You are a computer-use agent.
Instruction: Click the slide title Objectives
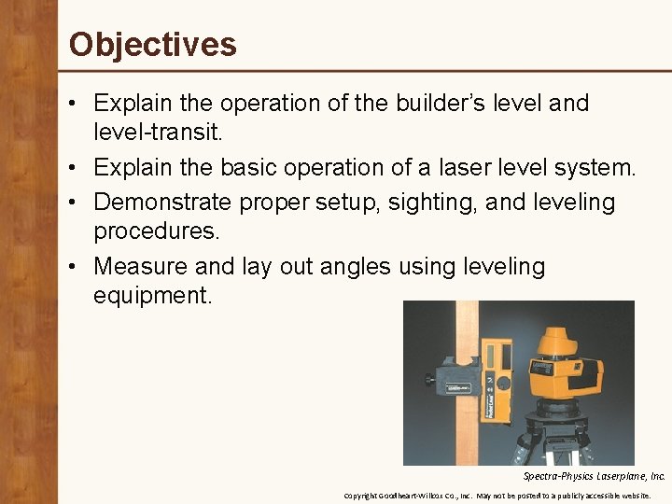pos(153,44)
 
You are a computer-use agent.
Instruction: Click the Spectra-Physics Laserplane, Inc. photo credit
pos(594,476)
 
